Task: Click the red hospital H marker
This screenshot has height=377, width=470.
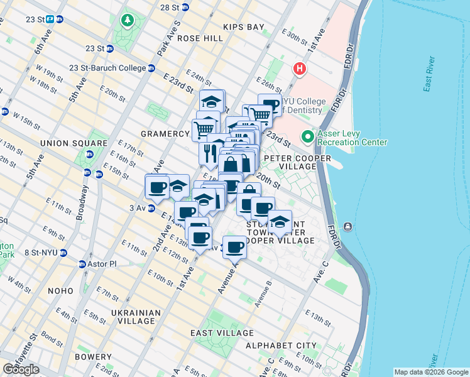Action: [300, 68]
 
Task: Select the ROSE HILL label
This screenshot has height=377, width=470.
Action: [200, 38]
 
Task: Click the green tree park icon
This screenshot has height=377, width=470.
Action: [128, 21]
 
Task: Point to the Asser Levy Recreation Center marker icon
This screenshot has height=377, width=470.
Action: [307, 136]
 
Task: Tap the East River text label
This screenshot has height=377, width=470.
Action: [430, 77]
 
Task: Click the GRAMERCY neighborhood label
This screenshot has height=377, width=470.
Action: [165, 134]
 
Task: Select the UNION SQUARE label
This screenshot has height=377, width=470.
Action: [67, 143]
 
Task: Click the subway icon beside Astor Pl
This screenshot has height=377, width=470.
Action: [82, 264]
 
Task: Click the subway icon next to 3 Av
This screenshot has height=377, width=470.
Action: [151, 208]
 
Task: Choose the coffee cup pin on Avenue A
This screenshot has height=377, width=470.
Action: [234, 246]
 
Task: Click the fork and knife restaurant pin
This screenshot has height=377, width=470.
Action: [209, 151]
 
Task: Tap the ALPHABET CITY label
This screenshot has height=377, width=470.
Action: [281, 346]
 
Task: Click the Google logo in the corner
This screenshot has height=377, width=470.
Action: [21, 369]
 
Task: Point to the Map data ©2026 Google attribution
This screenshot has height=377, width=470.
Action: [431, 372]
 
